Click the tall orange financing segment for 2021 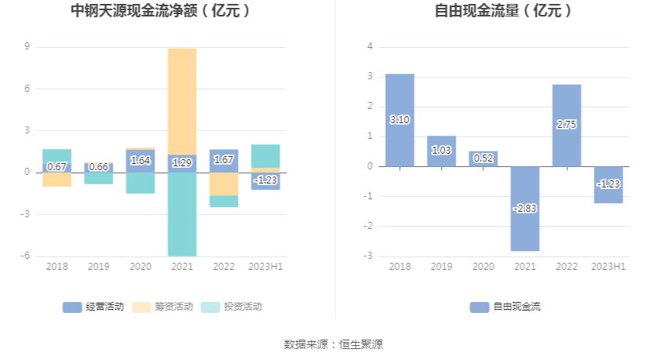tap(182, 102)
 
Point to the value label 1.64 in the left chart tap(140, 161)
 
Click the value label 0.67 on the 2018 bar tap(57, 166)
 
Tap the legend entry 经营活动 tap(93, 307)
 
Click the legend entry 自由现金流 tap(506, 307)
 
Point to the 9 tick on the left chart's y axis tap(27, 47)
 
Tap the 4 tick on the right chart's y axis tap(370, 47)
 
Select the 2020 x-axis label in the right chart tap(483, 267)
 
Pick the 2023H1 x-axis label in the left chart tap(265, 267)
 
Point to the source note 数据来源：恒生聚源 tap(333, 344)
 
